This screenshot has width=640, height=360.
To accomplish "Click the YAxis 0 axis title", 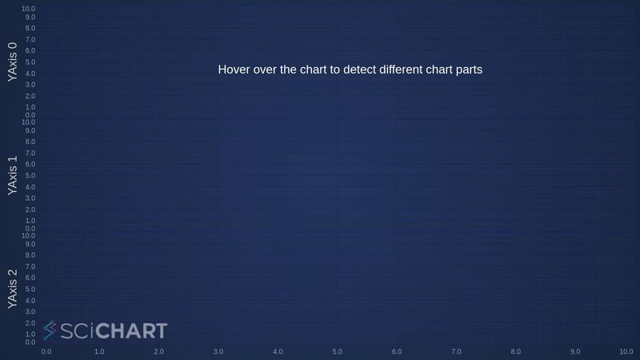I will [x=12, y=62].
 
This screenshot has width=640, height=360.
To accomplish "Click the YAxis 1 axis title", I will [x=12, y=175].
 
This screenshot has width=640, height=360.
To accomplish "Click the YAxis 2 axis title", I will [x=12, y=289].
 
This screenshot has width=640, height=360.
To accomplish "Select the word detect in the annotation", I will [x=363, y=70].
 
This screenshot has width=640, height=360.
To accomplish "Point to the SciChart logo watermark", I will [x=105, y=330].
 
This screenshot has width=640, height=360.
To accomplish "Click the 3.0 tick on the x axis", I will [x=218, y=351].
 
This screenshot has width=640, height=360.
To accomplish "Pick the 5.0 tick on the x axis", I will [x=338, y=351].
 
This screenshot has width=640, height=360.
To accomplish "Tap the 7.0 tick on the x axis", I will [x=456, y=351].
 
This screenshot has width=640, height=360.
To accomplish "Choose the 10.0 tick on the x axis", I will [x=626, y=351].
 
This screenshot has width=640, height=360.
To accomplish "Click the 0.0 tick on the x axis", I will [x=46, y=351].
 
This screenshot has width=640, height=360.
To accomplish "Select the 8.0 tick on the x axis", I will [x=516, y=351].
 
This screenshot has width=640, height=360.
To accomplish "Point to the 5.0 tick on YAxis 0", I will [x=30, y=62].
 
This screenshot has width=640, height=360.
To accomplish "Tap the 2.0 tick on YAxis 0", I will [x=30, y=95].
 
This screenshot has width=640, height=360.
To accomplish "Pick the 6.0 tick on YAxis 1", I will [x=30, y=164].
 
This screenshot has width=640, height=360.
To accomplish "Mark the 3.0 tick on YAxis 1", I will [x=30, y=198].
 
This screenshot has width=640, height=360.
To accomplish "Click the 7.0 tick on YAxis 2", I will [x=30, y=266].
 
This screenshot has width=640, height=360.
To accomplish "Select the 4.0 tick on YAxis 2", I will [x=30, y=300].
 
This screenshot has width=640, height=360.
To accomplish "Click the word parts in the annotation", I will [x=467, y=70].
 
